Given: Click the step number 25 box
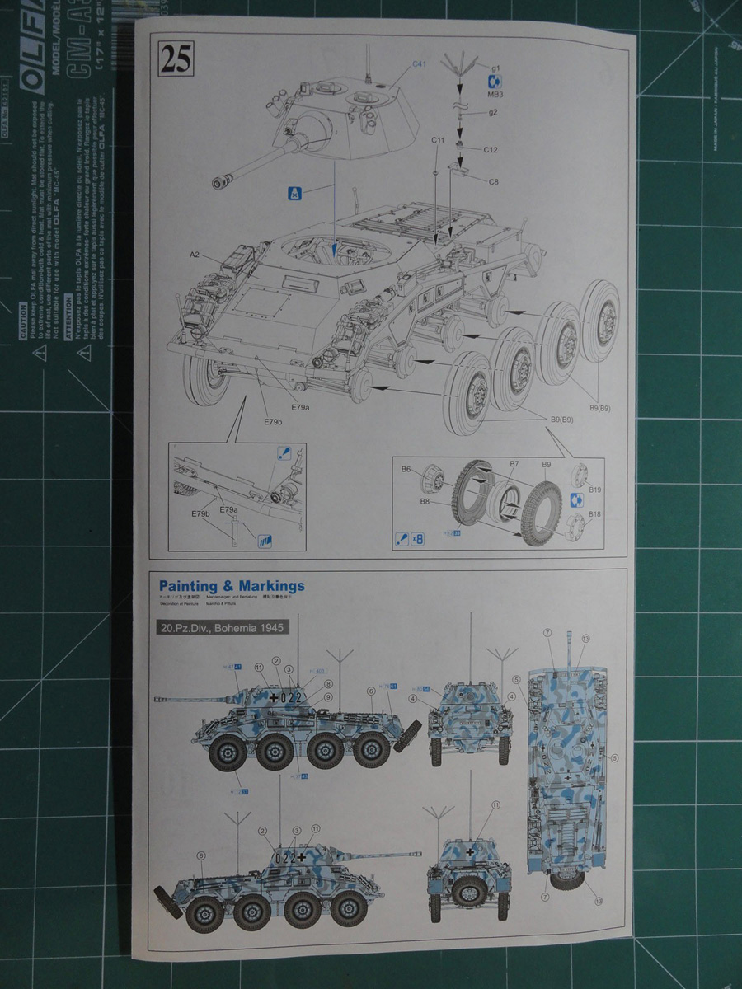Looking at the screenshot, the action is coord(176,60).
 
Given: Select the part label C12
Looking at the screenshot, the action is coord(491,149).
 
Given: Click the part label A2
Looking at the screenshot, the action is coord(195,255).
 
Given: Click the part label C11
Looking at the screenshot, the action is coord(438,141).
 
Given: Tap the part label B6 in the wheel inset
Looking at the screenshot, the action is coord(406,469).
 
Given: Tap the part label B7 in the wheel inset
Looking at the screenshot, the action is coord(514,465).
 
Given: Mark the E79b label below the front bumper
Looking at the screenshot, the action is coord(273,422).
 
